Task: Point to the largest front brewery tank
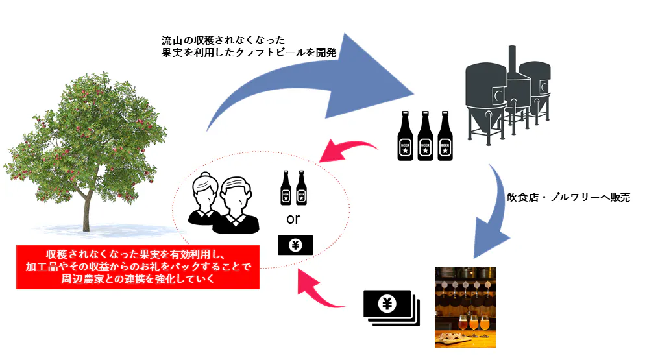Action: pyautogui.click(x=485, y=97)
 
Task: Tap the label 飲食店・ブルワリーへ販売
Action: pyautogui.click(x=568, y=197)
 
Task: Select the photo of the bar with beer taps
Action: pyautogui.click(x=465, y=307)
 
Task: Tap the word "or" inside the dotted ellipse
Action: pyautogui.click(x=293, y=219)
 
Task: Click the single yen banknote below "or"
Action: pyautogui.click(x=295, y=245)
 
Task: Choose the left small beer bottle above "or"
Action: pyautogui.click(x=286, y=187)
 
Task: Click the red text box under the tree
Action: pyautogui.click(x=138, y=267)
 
